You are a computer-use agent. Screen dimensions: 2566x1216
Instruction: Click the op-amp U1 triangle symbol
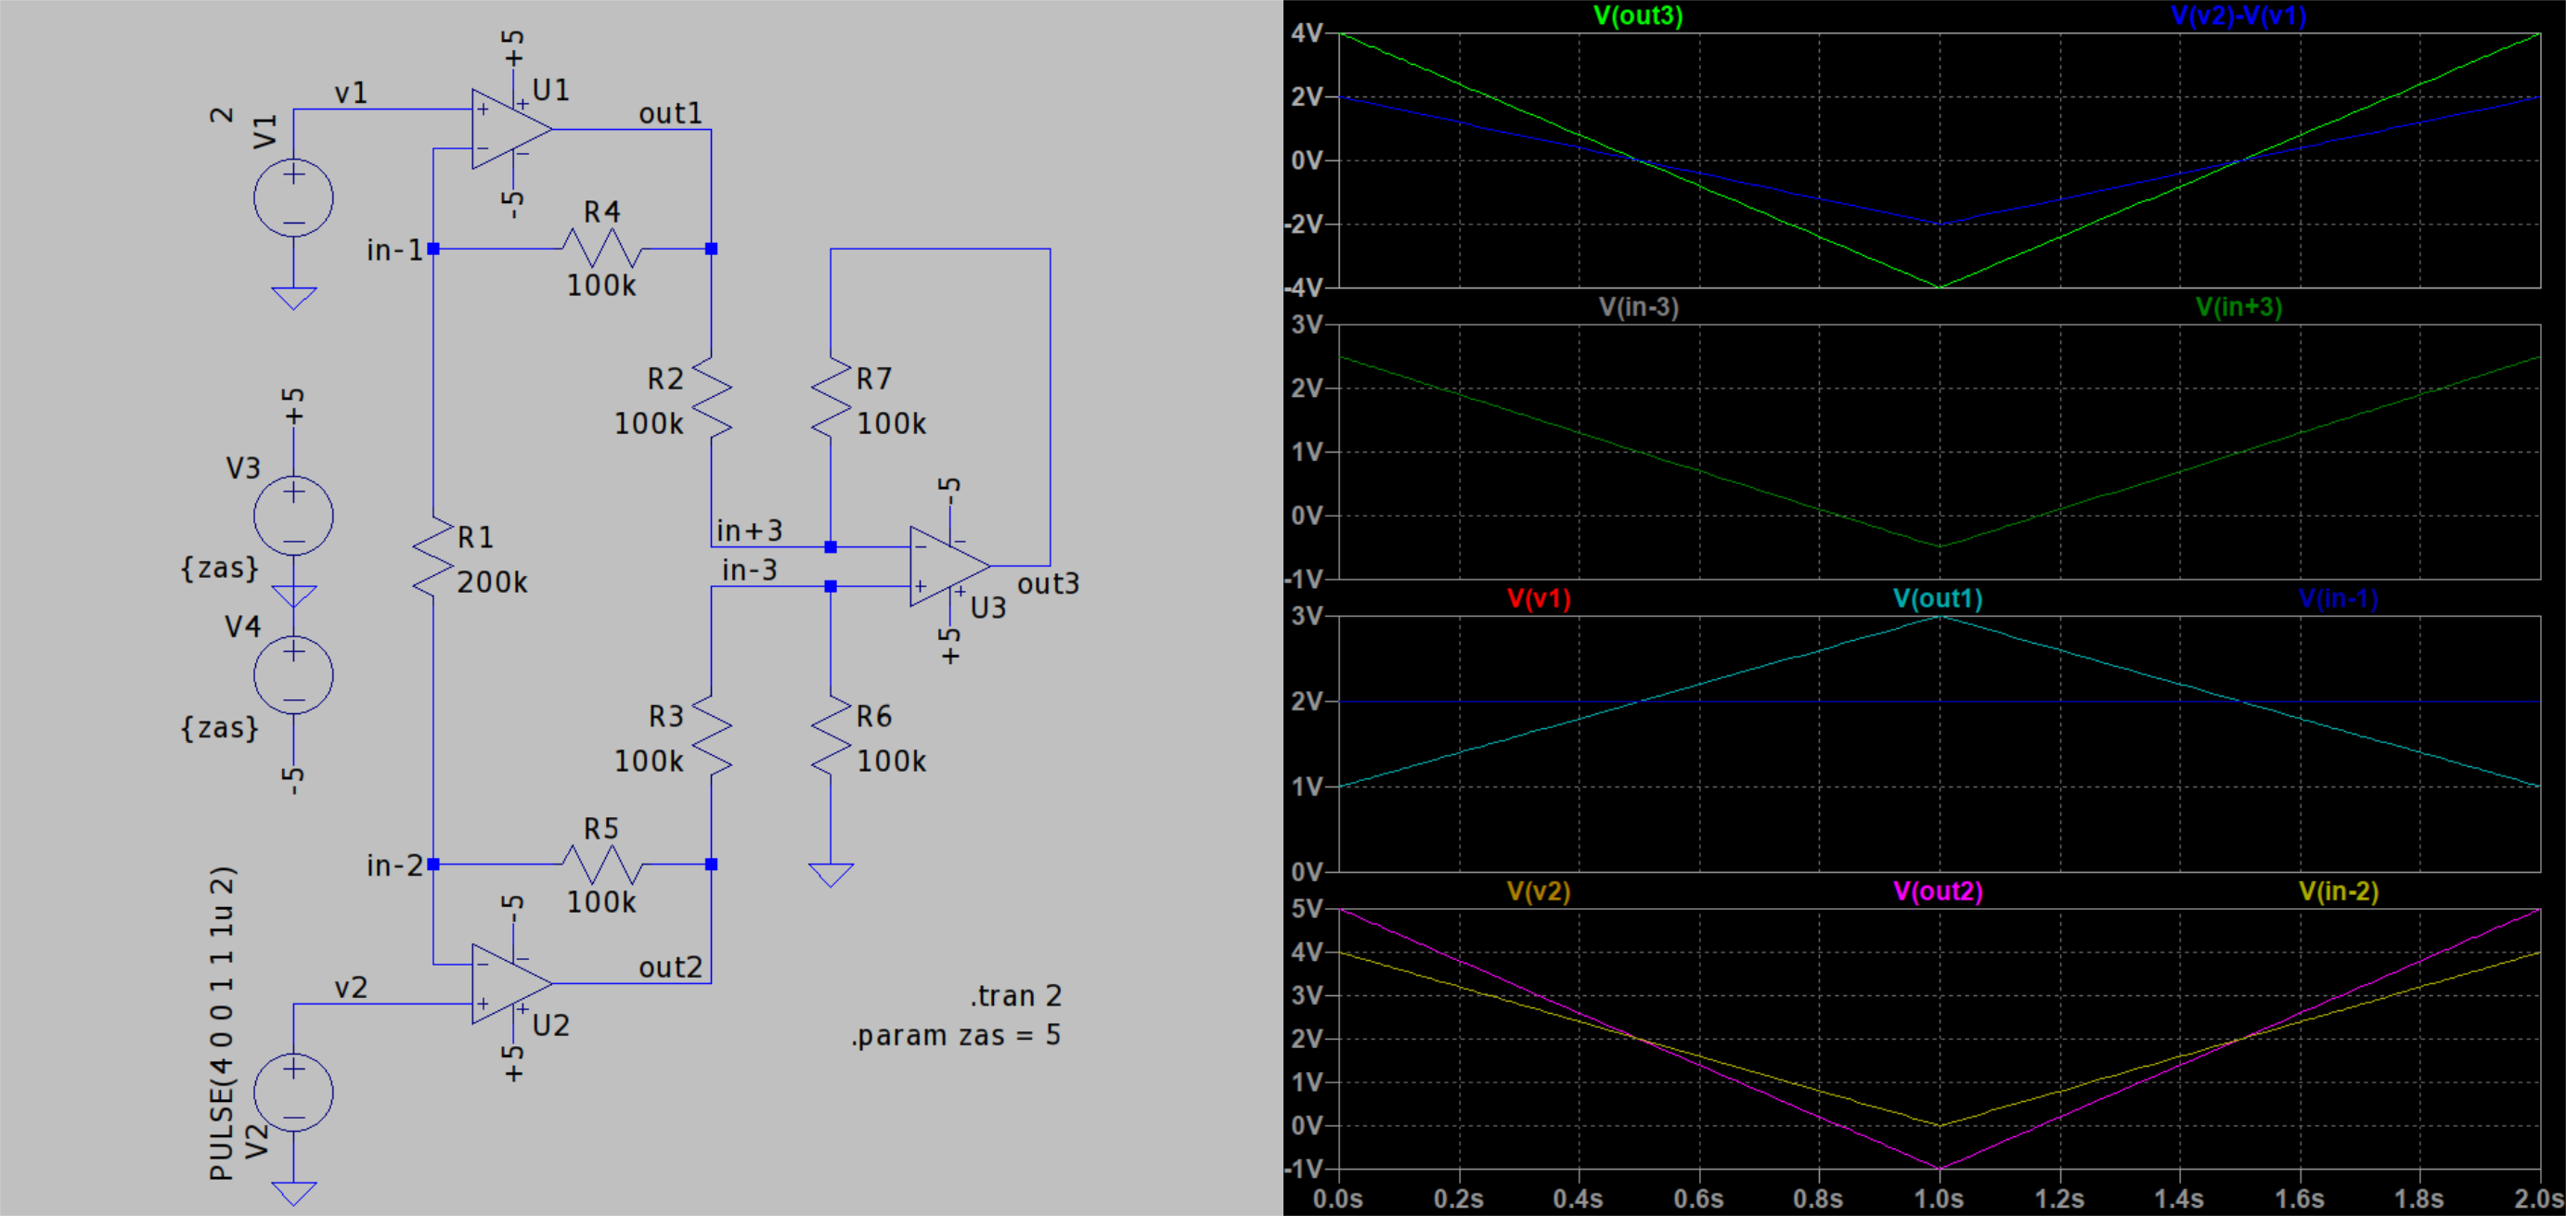click(x=511, y=129)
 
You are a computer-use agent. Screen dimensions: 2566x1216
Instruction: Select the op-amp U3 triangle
click(x=949, y=566)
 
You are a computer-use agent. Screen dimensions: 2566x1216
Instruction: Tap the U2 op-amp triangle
click(x=511, y=984)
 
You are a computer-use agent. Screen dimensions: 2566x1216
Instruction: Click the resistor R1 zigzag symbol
click(x=433, y=557)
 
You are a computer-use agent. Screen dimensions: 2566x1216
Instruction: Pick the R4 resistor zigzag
click(x=601, y=248)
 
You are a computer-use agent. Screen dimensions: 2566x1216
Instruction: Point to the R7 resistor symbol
click(x=831, y=398)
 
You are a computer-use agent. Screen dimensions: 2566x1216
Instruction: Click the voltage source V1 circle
click(x=294, y=198)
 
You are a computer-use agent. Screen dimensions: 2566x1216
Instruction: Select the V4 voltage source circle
click(x=294, y=674)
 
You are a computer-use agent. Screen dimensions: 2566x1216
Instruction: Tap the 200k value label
click(x=492, y=582)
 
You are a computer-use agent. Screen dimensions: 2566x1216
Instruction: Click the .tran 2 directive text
click(x=1016, y=996)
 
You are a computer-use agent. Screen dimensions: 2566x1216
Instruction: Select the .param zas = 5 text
click(x=955, y=1036)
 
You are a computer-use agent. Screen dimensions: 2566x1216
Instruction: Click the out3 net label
click(x=1048, y=583)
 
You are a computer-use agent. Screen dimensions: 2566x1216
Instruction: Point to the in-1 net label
click(x=395, y=250)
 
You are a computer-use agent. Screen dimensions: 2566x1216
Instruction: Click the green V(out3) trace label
click(x=1639, y=16)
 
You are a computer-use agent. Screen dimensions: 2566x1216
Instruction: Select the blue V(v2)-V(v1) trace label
click(x=2238, y=16)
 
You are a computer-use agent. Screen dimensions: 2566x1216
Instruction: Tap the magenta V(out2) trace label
click(x=1939, y=891)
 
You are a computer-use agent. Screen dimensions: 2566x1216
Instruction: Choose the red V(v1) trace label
click(x=1539, y=598)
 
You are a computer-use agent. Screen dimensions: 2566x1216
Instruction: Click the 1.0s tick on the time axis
click(x=1939, y=1198)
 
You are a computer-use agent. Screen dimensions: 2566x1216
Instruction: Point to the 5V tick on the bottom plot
click(x=1307, y=909)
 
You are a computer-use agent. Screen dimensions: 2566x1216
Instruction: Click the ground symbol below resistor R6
click(x=831, y=875)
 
